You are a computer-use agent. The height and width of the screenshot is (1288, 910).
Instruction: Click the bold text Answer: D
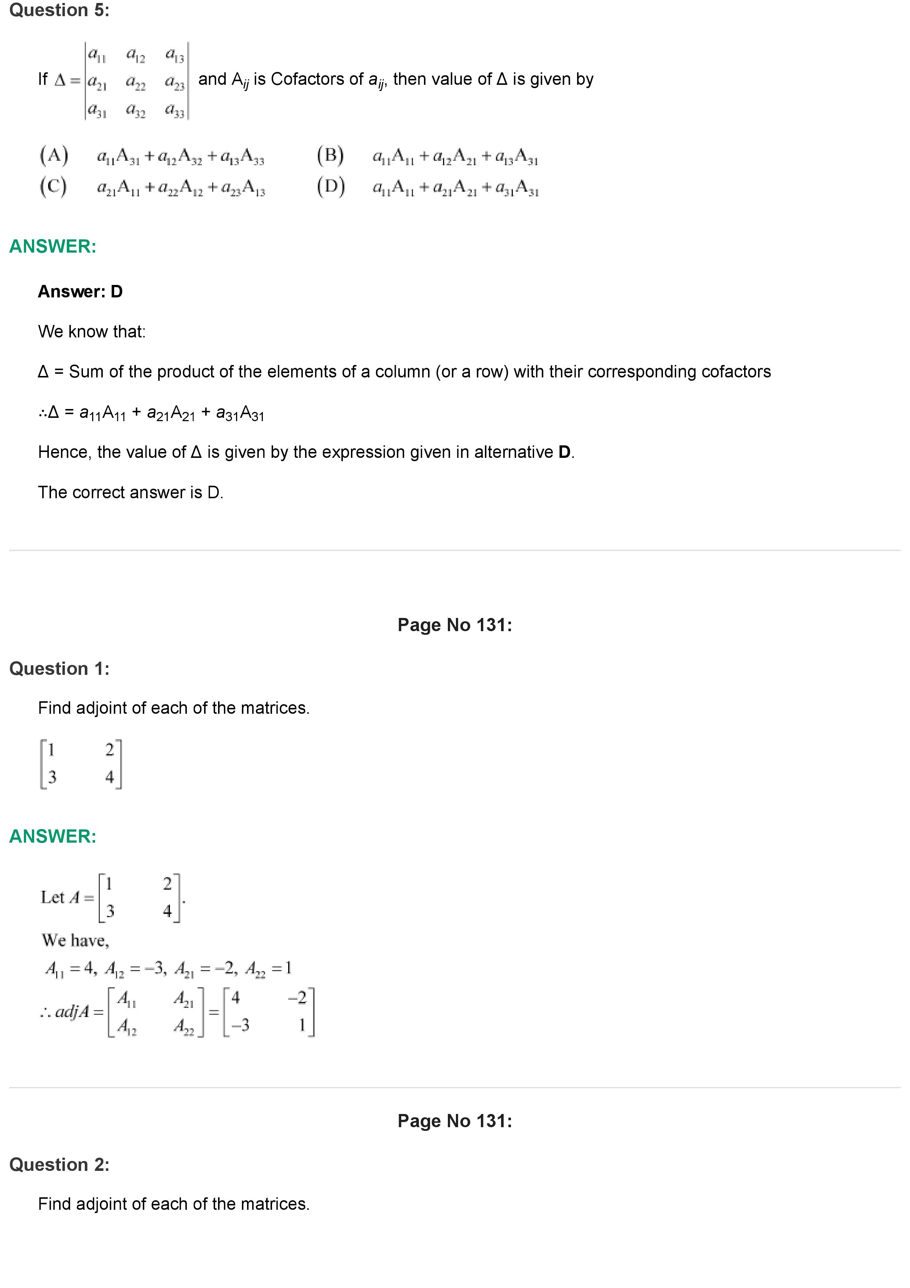click(x=80, y=292)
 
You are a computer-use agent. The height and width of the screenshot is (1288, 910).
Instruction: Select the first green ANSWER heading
click(x=53, y=246)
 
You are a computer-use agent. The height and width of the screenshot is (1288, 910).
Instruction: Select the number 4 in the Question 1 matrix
click(x=109, y=777)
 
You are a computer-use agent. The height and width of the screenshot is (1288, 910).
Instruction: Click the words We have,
click(x=75, y=940)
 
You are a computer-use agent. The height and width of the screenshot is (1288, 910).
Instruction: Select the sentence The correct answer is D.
click(x=131, y=492)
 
